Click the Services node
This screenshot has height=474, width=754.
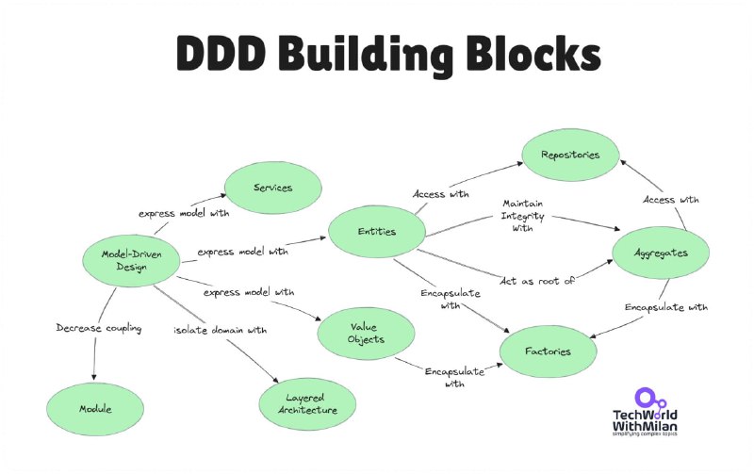pyautogui.click(x=273, y=188)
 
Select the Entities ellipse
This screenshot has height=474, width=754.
pyautogui.click(x=377, y=231)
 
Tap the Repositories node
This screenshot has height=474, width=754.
pyautogui.click(x=571, y=155)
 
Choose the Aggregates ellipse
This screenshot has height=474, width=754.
pyautogui.click(x=661, y=253)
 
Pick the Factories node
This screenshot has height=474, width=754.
pyautogui.click(x=549, y=351)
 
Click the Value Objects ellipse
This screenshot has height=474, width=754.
pyautogui.click(x=366, y=334)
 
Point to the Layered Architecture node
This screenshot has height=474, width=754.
pyautogui.click(x=308, y=404)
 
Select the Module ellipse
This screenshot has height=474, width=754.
pyautogui.click(x=95, y=409)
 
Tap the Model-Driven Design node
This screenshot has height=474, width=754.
pyautogui.click(x=131, y=260)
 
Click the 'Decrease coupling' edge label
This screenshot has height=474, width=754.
pyautogui.click(x=99, y=328)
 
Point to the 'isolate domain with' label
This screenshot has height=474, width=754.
pyautogui.click(x=221, y=330)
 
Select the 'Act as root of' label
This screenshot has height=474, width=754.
pyautogui.click(x=536, y=281)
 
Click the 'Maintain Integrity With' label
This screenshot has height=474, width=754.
pyautogui.click(x=523, y=216)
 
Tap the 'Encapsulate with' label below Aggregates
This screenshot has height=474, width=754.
pyautogui.click(x=666, y=307)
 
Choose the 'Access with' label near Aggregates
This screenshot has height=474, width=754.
pyautogui.click(x=671, y=200)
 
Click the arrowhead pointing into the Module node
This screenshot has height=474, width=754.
pyautogui.click(x=93, y=377)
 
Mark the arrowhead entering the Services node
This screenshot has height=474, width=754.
pyautogui.click(x=223, y=195)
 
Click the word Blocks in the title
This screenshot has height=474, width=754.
pyautogui.click(x=533, y=53)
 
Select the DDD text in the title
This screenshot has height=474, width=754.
pyautogui.click(x=221, y=53)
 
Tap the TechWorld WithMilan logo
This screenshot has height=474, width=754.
pyautogui.click(x=645, y=412)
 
